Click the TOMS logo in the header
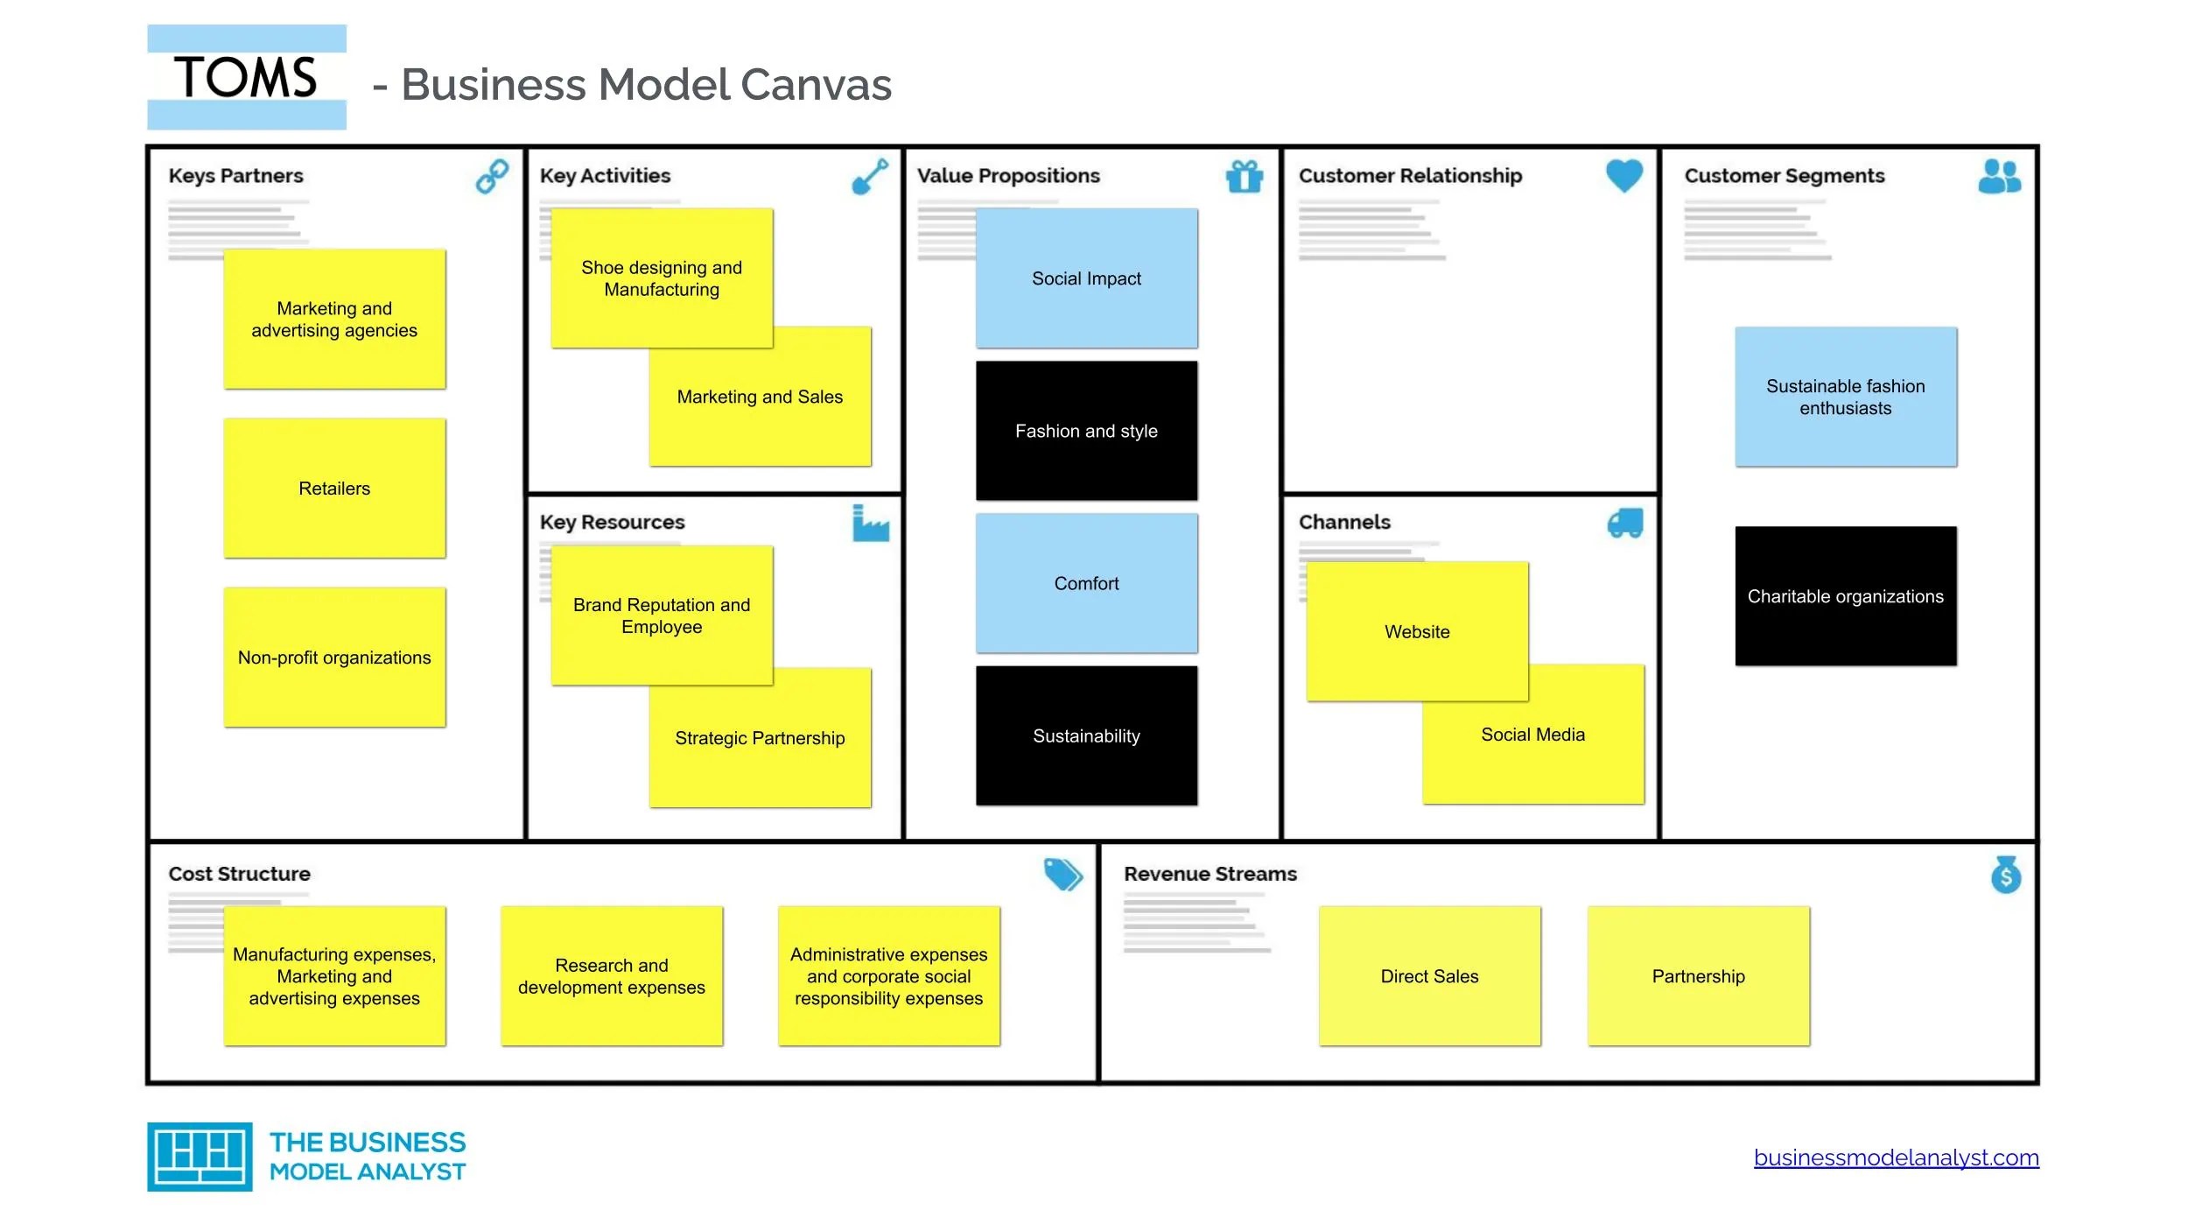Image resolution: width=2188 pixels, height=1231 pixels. pyautogui.click(x=246, y=77)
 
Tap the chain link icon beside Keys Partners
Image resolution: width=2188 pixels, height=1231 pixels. pyautogui.click(x=492, y=176)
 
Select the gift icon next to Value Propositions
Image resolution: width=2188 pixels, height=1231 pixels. pyautogui.click(x=1244, y=176)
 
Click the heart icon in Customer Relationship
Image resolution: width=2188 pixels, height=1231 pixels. pyautogui.click(x=1623, y=175)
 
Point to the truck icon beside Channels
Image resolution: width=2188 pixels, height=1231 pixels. pyautogui.click(x=1625, y=524)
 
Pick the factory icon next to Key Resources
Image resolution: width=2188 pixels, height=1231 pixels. pyautogui.click(x=870, y=524)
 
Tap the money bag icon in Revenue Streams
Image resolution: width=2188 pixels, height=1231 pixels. pyautogui.click(x=2005, y=875)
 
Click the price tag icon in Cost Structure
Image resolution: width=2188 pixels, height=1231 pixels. pyautogui.click(x=1062, y=874)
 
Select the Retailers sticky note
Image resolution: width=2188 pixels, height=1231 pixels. pyautogui.click(x=334, y=489)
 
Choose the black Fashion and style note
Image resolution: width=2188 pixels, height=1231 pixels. pyautogui.click(x=1086, y=431)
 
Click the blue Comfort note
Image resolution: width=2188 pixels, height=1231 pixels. pyautogui.click(x=1086, y=583)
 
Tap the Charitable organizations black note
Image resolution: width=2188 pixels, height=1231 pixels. pyautogui.click(x=1845, y=596)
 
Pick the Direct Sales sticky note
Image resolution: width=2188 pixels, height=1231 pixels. pyautogui.click(x=1429, y=976)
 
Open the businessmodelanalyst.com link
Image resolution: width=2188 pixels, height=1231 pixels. pyautogui.click(x=1896, y=1157)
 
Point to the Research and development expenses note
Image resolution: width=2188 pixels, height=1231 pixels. pyautogui.click(x=611, y=976)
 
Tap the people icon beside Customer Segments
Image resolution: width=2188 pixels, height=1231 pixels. pyautogui.click(x=1999, y=176)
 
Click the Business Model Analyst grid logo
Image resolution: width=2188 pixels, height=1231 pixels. pyautogui.click(x=200, y=1157)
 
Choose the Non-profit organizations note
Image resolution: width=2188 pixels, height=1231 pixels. pyautogui.click(x=334, y=658)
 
